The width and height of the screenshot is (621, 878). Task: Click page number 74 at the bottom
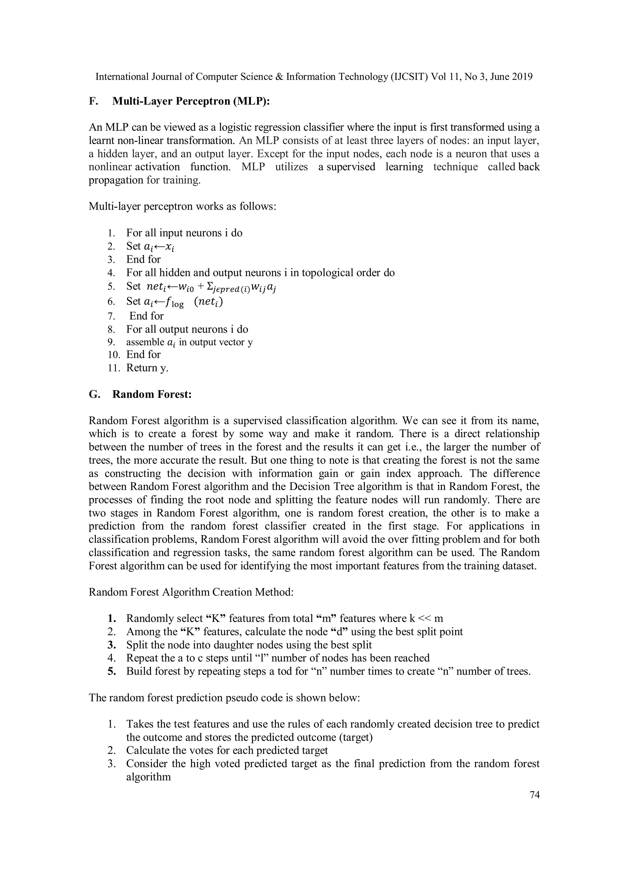point(535,795)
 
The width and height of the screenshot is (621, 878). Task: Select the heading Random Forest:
point(152,394)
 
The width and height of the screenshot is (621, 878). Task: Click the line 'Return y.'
point(147,368)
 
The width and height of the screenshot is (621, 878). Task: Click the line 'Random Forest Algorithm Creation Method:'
point(191,592)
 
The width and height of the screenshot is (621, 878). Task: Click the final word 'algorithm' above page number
point(149,777)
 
